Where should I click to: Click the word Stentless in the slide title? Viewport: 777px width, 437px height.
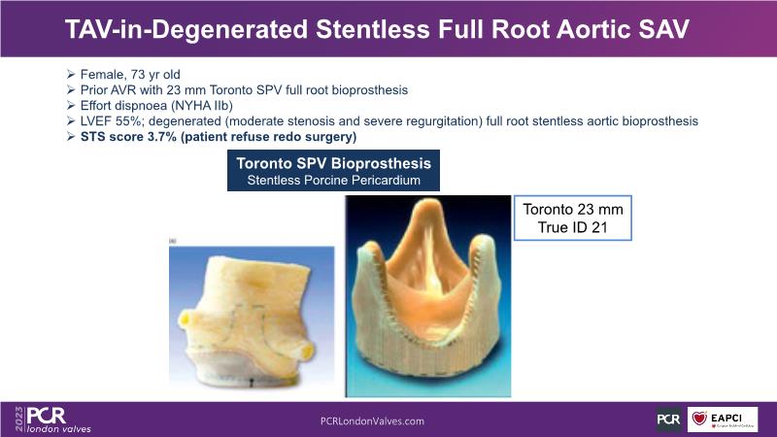click(x=373, y=29)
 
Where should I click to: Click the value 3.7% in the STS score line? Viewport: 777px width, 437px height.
click(x=161, y=137)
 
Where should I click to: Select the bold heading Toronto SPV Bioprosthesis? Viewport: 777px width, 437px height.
click(x=333, y=163)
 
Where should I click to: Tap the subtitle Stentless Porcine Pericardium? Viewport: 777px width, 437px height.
click(x=333, y=181)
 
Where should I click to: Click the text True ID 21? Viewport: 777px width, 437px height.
click(x=572, y=227)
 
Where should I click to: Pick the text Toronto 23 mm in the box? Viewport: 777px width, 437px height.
click(x=573, y=209)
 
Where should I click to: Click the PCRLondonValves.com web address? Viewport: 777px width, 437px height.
click(x=372, y=421)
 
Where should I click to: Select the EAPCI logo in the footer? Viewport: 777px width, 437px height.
click(x=722, y=420)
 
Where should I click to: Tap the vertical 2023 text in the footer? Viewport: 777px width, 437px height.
click(x=19, y=419)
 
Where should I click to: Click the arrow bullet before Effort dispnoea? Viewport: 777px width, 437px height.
click(x=71, y=106)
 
